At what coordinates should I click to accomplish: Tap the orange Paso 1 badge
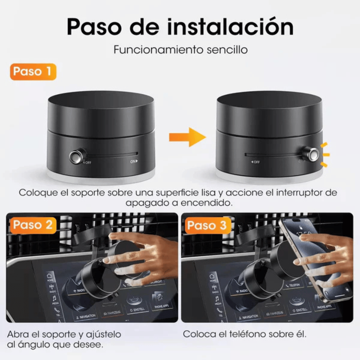[33, 72]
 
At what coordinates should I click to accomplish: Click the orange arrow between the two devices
[187, 137]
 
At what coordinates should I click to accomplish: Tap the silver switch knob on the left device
[76, 156]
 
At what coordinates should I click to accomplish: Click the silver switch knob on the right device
[312, 154]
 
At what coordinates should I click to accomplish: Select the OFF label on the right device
[255, 162]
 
